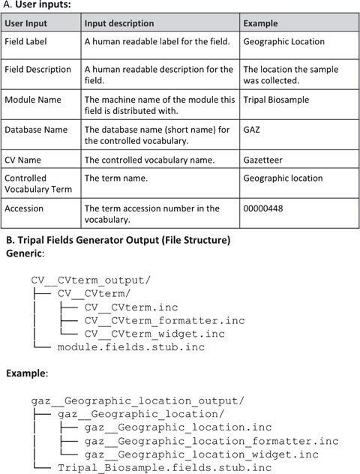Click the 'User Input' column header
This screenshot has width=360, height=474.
(28, 24)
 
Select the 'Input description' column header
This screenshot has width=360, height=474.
(119, 24)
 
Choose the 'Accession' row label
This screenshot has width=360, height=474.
(25, 208)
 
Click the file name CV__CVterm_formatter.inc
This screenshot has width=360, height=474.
(164, 321)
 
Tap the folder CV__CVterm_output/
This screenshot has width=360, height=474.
(91, 280)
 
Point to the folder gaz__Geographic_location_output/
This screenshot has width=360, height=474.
(137, 400)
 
